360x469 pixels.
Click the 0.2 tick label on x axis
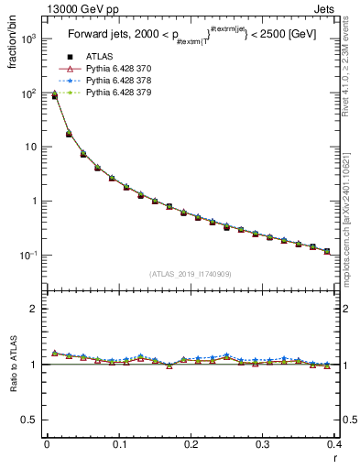coord(191,444)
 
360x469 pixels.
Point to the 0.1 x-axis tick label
coord(118,444)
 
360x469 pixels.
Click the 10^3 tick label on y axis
coord(29,39)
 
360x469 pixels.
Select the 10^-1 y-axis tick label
coord(29,255)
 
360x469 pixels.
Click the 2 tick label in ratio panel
coord(34,310)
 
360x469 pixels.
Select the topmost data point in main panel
coord(54,95)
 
